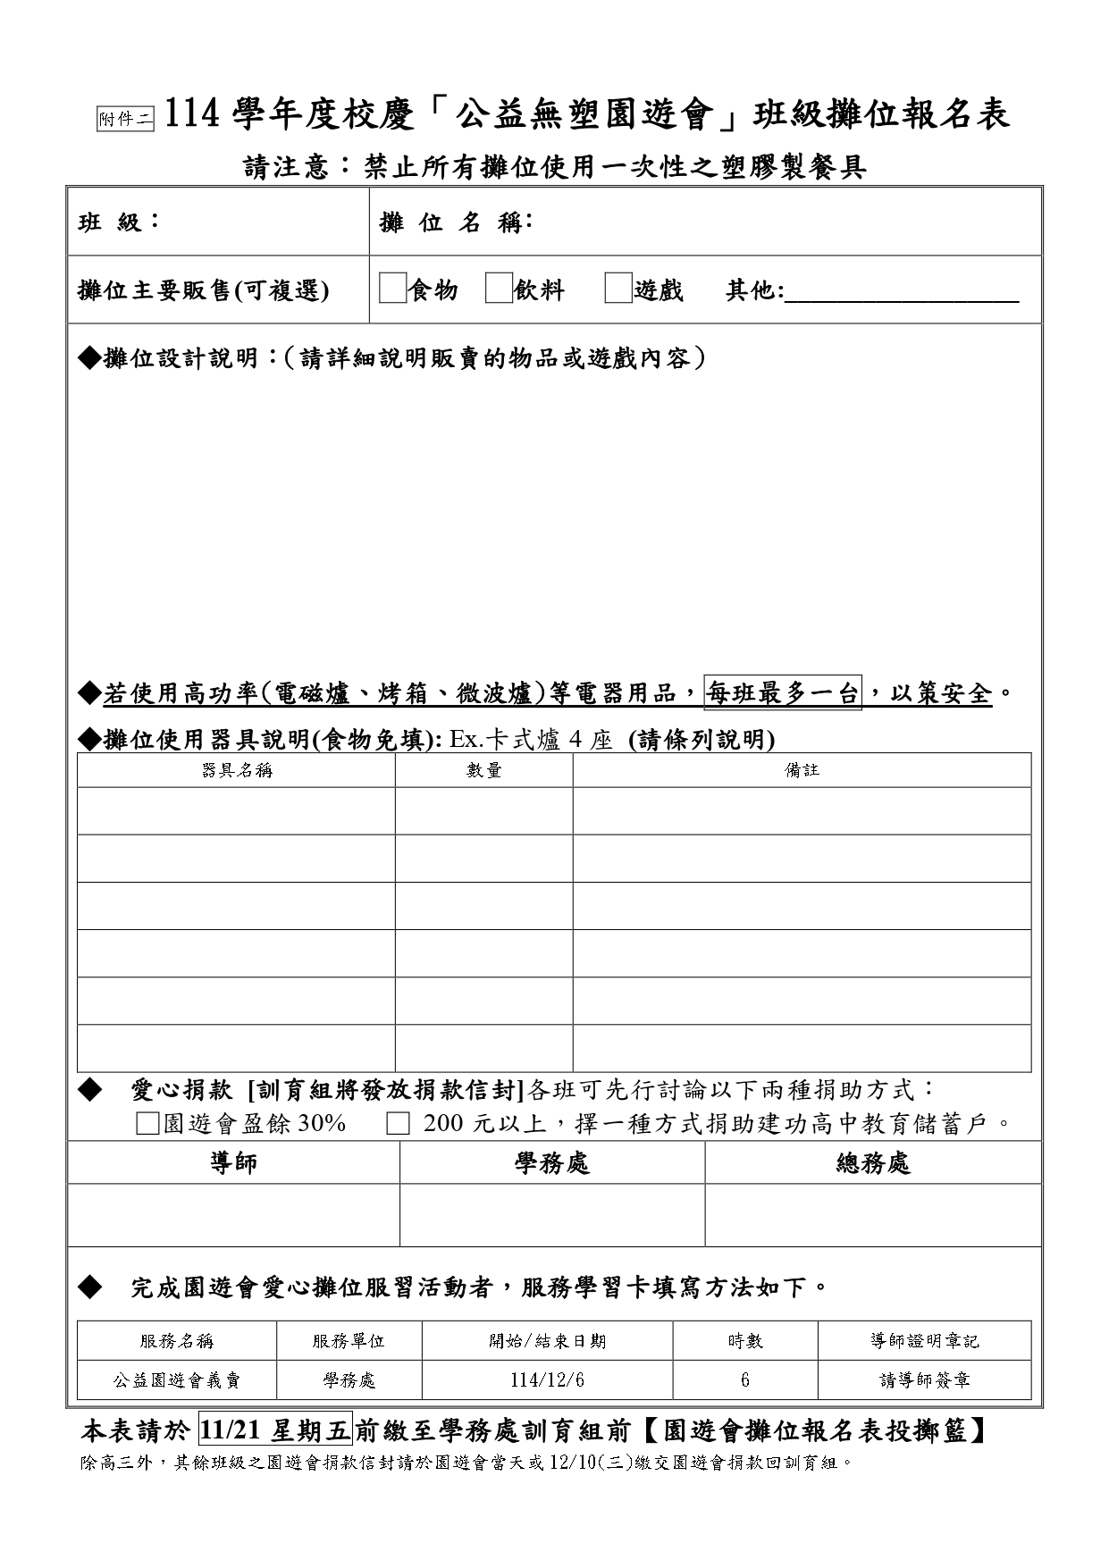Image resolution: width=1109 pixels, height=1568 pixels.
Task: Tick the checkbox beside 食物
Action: click(392, 289)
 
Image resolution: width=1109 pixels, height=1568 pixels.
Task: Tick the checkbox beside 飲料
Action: click(499, 289)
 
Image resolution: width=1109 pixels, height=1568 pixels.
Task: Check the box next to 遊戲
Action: click(618, 289)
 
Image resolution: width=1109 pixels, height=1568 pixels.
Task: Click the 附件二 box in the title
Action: click(125, 119)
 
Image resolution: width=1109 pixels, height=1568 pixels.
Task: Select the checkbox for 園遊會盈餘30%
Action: click(147, 1124)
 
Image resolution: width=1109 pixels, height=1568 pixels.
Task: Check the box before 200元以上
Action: click(398, 1124)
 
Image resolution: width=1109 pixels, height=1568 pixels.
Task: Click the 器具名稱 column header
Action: click(237, 770)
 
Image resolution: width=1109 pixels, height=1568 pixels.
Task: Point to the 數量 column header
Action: click(483, 770)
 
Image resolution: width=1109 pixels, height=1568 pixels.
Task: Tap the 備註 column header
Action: click(802, 770)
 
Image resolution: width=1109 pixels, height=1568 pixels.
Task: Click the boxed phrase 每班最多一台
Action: click(783, 692)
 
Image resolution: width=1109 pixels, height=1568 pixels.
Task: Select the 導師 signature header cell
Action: click(233, 1162)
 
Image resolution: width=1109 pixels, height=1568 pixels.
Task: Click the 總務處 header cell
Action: click(873, 1162)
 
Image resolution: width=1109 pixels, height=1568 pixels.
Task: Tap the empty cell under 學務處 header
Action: click(552, 1215)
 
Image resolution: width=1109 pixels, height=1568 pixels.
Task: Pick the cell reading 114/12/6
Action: click(547, 1379)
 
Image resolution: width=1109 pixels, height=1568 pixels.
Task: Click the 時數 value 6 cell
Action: click(745, 1379)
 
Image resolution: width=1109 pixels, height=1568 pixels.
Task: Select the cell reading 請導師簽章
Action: click(924, 1379)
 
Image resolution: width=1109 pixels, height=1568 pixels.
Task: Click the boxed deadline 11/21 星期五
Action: click(275, 1430)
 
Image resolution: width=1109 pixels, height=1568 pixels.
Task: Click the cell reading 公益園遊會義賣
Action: click(177, 1379)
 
